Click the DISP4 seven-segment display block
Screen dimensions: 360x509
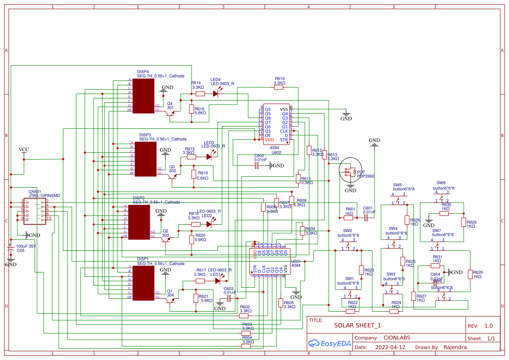(x=143, y=96)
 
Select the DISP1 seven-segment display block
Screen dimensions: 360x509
(x=143, y=283)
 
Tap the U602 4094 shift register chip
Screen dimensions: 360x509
(x=276, y=124)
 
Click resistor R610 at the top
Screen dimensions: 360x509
(x=279, y=87)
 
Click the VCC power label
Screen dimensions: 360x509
(x=24, y=150)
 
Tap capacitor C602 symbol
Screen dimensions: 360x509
(x=257, y=165)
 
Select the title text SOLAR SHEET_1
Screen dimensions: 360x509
(x=357, y=325)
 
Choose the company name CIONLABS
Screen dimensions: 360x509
(x=397, y=338)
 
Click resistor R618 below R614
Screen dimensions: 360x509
(x=191, y=109)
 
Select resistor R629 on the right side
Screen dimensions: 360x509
(x=463, y=222)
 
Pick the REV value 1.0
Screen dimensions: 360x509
(x=488, y=326)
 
